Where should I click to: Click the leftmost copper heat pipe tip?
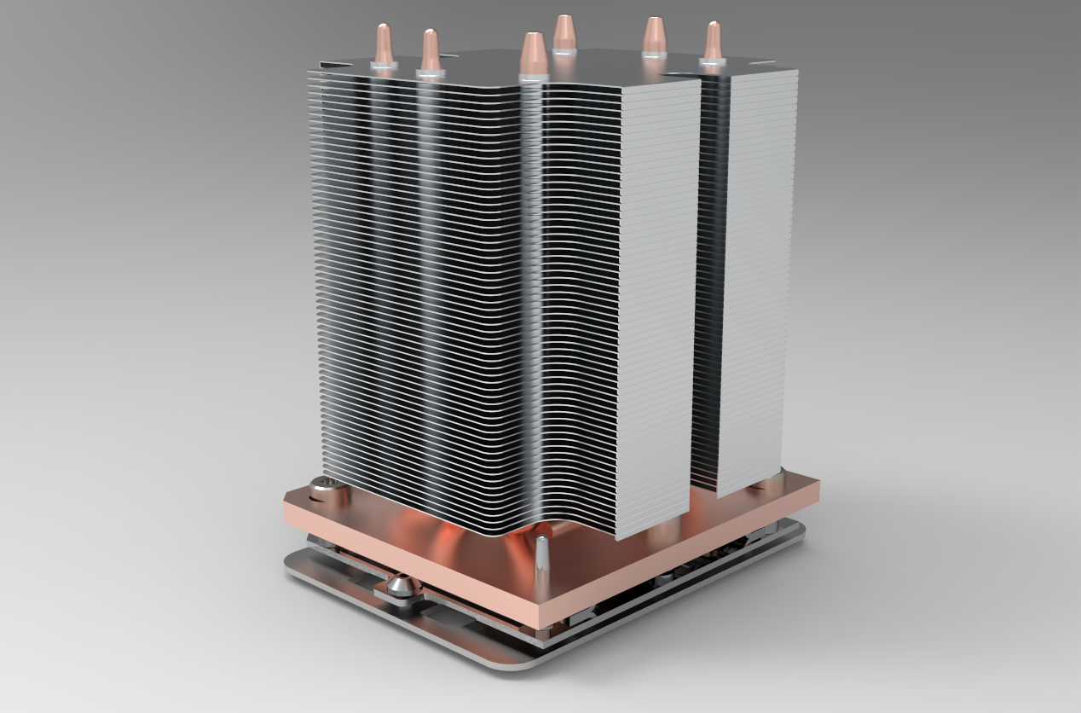tap(384, 43)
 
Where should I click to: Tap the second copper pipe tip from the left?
tap(430, 49)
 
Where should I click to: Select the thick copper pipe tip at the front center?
tap(532, 54)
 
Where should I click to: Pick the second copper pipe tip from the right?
tap(654, 36)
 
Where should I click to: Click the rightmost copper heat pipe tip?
tap(713, 41)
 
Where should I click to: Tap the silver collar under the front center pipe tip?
tap(532, 78)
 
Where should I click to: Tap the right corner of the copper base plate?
tap(816, 490)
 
